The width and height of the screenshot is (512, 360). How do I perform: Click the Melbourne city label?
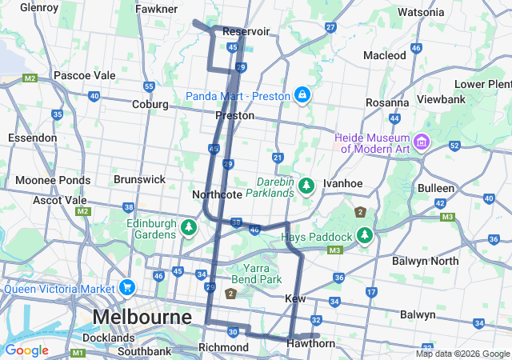coord(142,317)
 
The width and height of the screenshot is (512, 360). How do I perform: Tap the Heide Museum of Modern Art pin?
coord(422,142)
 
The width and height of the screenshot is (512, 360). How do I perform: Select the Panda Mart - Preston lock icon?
coord(302,96)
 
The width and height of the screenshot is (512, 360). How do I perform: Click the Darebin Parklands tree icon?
coord(306,186)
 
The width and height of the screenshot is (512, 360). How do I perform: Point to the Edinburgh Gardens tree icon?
coord(189,228)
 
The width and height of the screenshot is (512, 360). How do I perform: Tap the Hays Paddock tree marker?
coord(365,236)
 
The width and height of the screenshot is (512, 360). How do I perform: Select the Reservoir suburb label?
coord(246,31)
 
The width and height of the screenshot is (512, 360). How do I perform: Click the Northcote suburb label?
coord(211,194)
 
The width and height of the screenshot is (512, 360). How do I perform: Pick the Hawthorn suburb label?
coord(311,343)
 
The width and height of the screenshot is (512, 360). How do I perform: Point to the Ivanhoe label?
coord(342,183)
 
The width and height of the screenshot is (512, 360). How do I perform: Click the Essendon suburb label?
coord(32,138)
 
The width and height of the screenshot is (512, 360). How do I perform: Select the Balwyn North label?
coord(425,261)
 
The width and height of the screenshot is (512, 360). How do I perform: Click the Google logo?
coord(26,350)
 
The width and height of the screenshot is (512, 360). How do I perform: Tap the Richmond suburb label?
coord(223,347)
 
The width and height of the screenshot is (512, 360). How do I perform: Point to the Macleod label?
coord(385,55)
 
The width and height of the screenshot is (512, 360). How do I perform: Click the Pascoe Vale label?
coord(84,75)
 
